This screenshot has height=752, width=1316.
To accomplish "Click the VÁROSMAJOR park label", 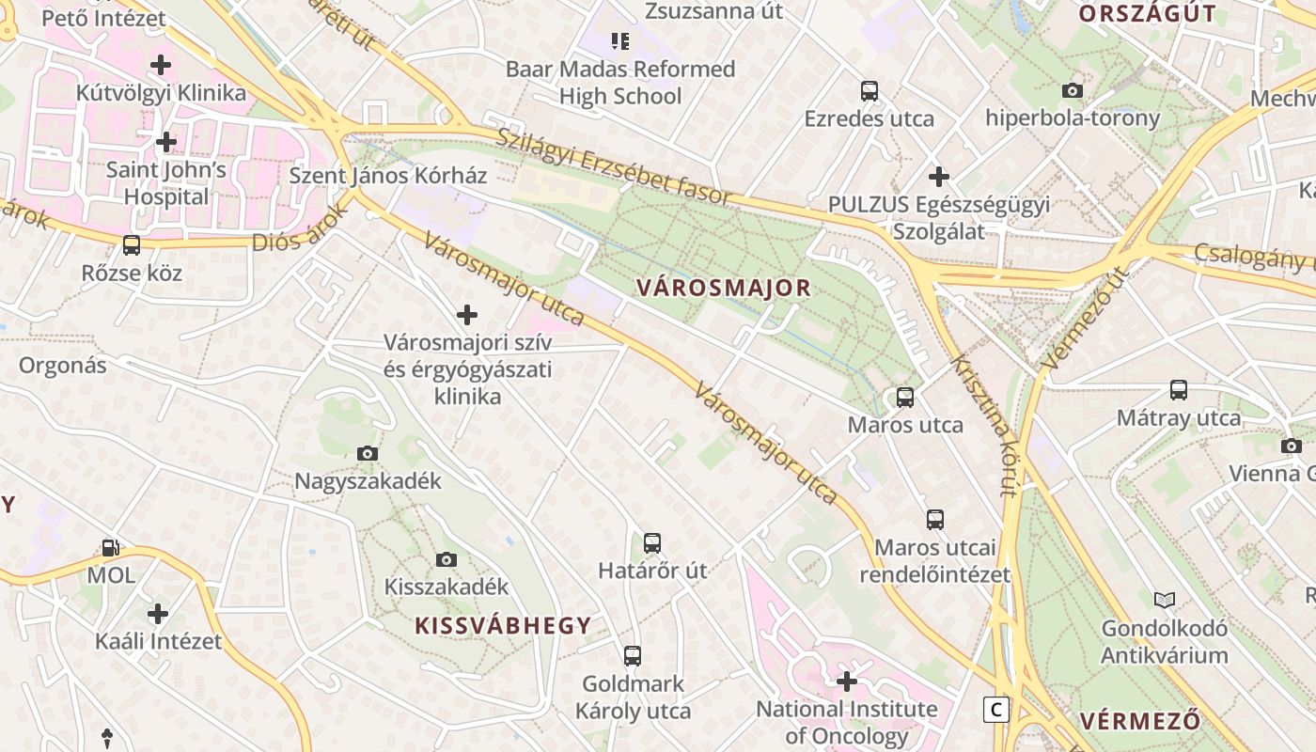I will [723, 288].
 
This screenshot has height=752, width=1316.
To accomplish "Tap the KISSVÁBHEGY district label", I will [504, 625].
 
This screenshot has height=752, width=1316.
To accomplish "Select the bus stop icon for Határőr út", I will [652, 542].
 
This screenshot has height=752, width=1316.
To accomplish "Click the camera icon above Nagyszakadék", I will [368, 454].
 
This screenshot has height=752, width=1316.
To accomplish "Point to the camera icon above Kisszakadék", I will [446, 559].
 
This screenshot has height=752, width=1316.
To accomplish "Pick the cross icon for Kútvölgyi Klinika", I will [161, 65].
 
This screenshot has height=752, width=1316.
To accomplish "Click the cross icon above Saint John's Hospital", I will [166, 142].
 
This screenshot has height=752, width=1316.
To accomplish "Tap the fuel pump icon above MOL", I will [110, 547].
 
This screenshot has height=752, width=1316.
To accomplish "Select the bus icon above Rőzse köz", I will [132, 245].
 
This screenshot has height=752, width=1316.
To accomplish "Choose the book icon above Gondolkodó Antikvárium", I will [1165, 600].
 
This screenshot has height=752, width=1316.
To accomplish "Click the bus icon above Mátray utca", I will [1179, 389].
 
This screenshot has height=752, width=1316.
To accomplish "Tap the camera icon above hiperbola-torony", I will [1072, 90].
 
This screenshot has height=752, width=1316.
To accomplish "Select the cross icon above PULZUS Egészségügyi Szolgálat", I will [938, 176].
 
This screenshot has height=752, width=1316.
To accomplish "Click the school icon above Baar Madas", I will [619, 40].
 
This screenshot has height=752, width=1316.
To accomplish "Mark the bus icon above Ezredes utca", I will [869, 91].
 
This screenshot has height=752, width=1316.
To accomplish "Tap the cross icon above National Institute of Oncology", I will [847, 681].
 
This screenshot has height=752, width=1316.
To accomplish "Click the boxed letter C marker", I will [995, 709].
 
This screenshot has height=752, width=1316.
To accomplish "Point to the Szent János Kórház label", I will [388, 175].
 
